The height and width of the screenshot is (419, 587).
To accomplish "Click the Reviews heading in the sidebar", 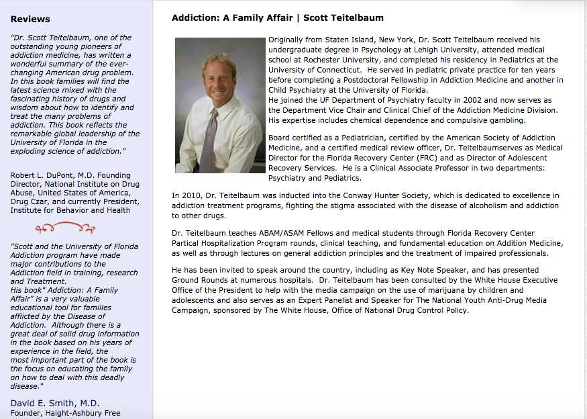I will click(30, 19).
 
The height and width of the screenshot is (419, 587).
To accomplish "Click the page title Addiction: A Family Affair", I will click(232, 17).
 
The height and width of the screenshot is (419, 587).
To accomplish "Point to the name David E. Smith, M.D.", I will click(55, 403).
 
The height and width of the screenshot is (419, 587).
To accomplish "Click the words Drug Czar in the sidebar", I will click(30, 201).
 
